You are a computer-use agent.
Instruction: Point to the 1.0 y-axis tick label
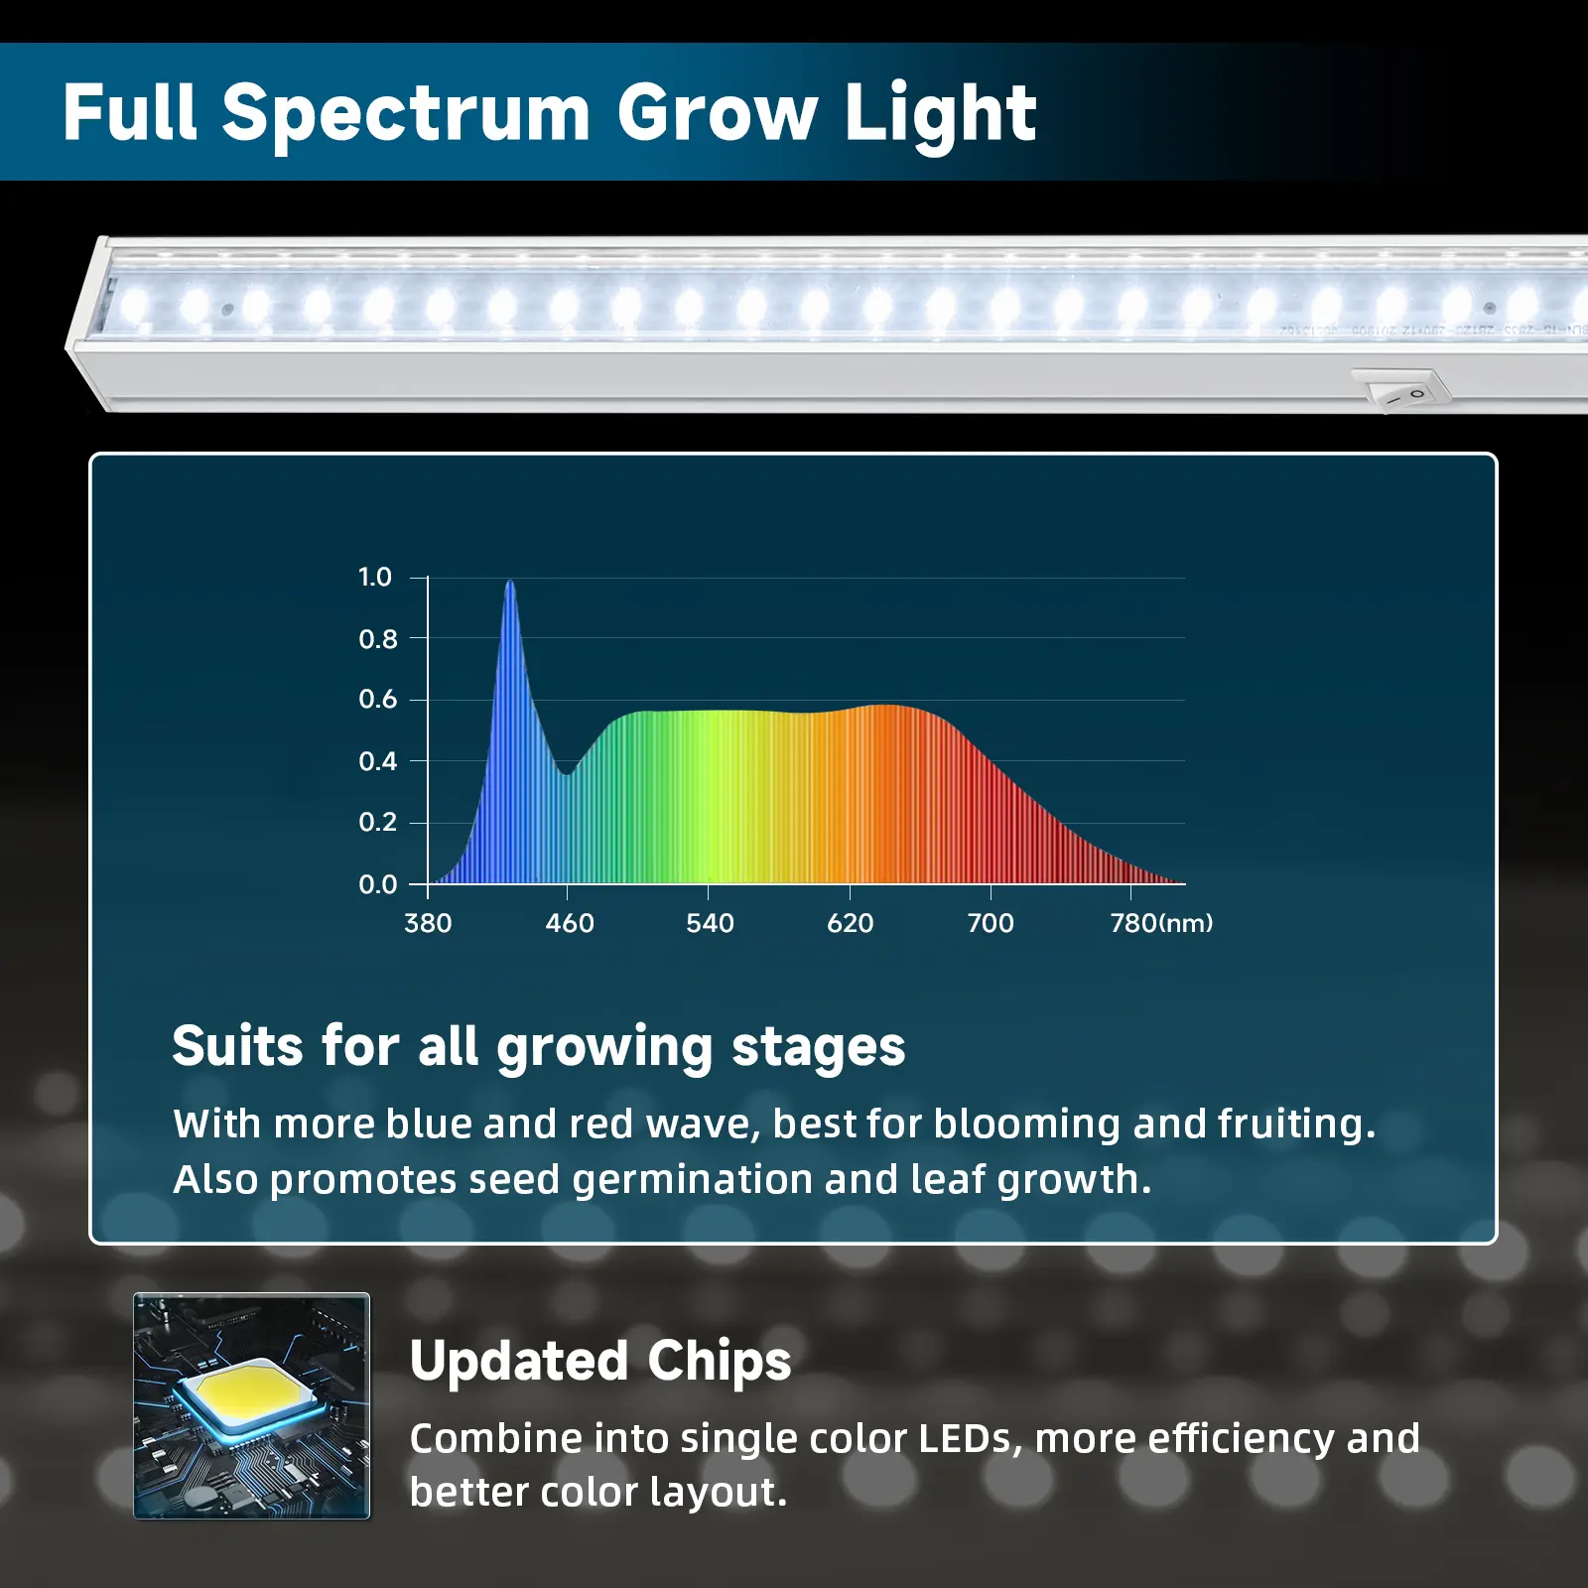(375, 577)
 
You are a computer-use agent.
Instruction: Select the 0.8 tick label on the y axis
(377, 639)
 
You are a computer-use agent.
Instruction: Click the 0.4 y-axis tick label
(377, 761)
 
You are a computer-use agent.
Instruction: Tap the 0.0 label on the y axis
(377, 884)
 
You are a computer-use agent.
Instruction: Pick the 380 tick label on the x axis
(428, 923)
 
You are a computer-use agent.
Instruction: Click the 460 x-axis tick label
(570, 923)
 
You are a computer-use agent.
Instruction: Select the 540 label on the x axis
(710, 923)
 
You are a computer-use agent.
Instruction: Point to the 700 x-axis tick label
(991, 923)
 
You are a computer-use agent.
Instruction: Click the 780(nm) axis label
(1161, 923)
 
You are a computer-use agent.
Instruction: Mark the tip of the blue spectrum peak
(510, 581)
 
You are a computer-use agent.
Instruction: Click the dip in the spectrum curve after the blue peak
(567, 773)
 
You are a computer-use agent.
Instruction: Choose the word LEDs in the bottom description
(970, 1439)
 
